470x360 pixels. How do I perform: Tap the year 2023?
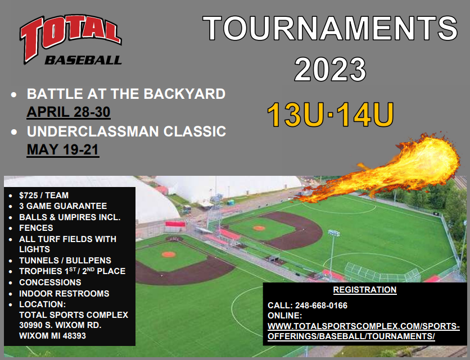[x=330, y=70]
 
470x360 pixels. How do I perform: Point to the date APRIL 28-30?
[x=68, y=112]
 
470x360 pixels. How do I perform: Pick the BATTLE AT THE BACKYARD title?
[x=126, y=93]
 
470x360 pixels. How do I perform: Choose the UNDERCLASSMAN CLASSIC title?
[x=126, y=131]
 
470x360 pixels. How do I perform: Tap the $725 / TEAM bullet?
[x=44, y=195]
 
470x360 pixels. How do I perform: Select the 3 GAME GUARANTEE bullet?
[x=62, y=206]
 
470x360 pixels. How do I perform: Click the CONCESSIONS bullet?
[x=50, y=282]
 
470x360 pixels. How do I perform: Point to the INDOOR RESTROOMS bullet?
[x=64, y=293]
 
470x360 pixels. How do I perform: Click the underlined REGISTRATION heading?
[x=364, y=290]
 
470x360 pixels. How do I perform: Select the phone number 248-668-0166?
[x=320, y=306]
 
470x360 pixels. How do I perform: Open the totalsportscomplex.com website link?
[x=363, y=331]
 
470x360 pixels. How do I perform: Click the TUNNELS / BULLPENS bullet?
[x=65, y=260]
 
